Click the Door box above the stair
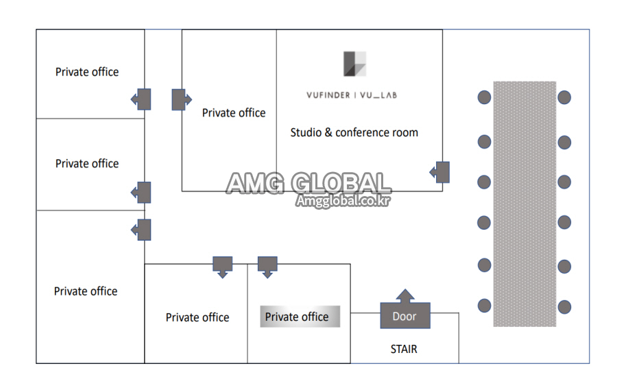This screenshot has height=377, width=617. pyautogui.click(x=405, y=315)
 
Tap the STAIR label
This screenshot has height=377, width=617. pyautogui.click(x=404, y=349)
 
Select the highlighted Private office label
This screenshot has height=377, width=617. pyautogui.click(x=300, y=317)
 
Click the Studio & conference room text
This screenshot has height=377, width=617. pyautogui.click(x=354, y=132)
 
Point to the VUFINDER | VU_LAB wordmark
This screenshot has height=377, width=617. pyautogui.click(x=352, y=95)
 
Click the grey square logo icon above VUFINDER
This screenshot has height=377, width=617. pyautogui.click(x=354, y=64)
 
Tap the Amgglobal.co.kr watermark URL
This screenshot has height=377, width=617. pyautogui.click(x=343, y=201)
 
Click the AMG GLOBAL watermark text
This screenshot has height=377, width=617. pyautogui.click(x=309, y=183)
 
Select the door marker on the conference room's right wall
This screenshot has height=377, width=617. pyautogui.click(x=440, y=172)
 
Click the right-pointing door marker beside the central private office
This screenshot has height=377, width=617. pyautogui.click(x=182, y=99)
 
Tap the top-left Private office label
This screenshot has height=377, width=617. pyautogui.click(x=87, y=72)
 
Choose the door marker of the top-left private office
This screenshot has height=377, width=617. pyautogui.click(x=141, y=99)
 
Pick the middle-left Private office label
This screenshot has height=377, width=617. pyautogui.click(x=87, y=163)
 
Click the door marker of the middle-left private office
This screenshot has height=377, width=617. pyautogui.click(x=141, y=193)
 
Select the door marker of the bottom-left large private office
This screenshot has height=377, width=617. pyautogui.click(x=141, y=230)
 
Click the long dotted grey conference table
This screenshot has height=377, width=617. pyautogui.click(x=524, y=204)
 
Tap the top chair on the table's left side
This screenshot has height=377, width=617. pyautogui.click(x=485, y=97)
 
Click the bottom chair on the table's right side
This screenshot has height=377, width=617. pyautogui.click(x=564, y=307)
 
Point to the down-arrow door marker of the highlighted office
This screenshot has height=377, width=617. pyautogui.click(x=267, y=267)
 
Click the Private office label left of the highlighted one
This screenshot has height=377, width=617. pyautogui.click(x=197, y=317)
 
